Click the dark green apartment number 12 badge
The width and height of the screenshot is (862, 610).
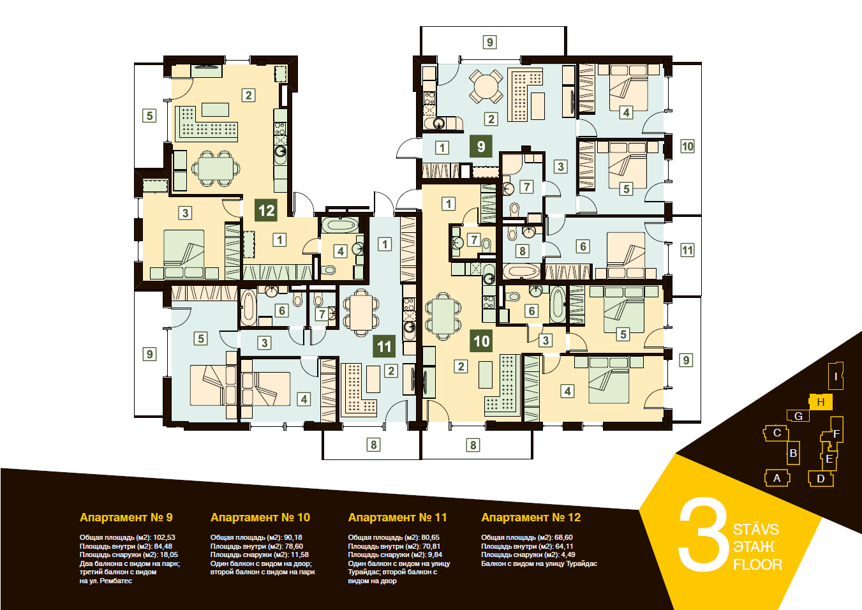(x=266, y=210)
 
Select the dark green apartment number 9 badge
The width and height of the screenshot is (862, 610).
(x=480, y=146)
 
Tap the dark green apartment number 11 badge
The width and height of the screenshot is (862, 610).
(x=384, y=346)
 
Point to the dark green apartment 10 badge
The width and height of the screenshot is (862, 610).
(x=482, y=341)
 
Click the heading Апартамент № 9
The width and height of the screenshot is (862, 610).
(x=126, y=517)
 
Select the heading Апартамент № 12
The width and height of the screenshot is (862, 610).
(x=531, y=517)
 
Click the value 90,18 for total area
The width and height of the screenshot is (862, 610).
(x=293, y=537)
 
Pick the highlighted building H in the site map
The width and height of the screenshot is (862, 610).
(x=821, y=402)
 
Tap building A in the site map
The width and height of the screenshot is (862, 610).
(x=777, y=478)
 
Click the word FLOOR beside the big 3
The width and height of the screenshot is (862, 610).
(x=757, y=565)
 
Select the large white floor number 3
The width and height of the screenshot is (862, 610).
(x=702, y=535)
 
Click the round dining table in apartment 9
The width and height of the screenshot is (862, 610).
(x=486, y=86)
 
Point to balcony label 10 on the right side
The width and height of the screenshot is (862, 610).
(x=687, y=146)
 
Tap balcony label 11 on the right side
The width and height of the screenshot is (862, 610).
(x=687, y=251)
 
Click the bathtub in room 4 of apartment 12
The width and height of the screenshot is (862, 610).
(x=340, y=225)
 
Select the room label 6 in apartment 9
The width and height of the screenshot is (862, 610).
(x=583, y=246)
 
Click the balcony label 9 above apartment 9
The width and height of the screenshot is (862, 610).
(x=489, y=42)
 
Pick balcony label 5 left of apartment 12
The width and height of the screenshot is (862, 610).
(x=149, y=115)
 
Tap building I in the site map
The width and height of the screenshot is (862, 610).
(x=835, y=376)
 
